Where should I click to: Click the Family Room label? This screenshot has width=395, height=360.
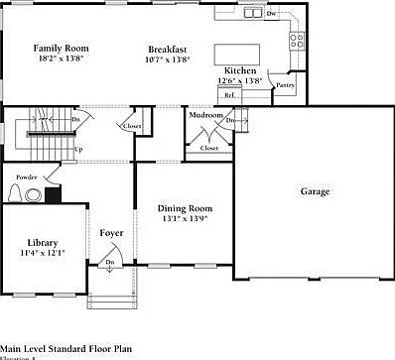click(x=61, y=48)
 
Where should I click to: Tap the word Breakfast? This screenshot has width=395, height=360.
click(x=168, y=50)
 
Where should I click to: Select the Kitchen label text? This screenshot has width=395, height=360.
click(x=241, y=71)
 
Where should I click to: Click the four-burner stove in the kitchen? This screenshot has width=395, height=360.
click(x=296, y=41)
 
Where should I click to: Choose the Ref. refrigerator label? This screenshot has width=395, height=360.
click(x=229, y=95)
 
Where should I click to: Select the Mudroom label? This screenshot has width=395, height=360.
click(x=206, y=115)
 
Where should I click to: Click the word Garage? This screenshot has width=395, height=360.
click(x=314, y=191)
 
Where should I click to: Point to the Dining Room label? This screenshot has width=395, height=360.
click(x=185, y=208)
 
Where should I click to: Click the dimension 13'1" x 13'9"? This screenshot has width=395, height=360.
click(x=185, y=219)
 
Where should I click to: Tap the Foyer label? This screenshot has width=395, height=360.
click(x=111, y=233)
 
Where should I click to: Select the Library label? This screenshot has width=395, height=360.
click(x=42, y=243)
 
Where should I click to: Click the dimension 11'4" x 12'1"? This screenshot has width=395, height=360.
click(x=42, y=254)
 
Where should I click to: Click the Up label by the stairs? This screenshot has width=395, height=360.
click(x=77, y=150)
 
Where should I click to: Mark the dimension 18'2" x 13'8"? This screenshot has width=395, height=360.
click(x=61, y=59)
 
